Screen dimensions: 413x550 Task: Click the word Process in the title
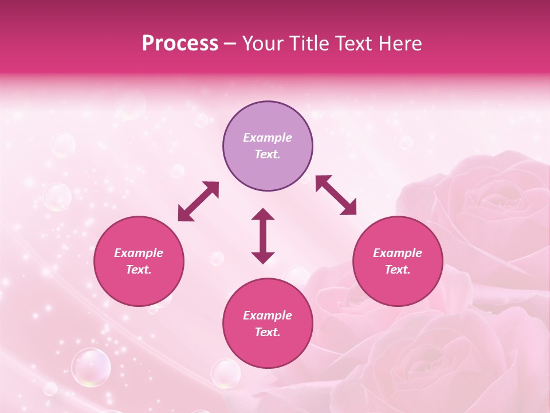180,44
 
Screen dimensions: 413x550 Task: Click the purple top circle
268,146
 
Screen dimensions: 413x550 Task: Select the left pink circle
139,261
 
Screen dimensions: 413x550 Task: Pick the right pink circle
398,261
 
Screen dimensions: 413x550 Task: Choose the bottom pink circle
268,323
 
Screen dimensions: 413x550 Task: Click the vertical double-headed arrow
263,236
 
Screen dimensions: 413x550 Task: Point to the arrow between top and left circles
198,201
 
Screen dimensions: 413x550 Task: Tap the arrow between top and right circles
336,195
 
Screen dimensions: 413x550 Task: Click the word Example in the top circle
268,138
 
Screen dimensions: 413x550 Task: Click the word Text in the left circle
139,270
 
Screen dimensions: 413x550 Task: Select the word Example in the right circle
398,253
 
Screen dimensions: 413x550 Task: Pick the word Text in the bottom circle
268,332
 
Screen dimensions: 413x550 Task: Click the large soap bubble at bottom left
91,367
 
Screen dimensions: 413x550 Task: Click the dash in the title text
230,44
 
